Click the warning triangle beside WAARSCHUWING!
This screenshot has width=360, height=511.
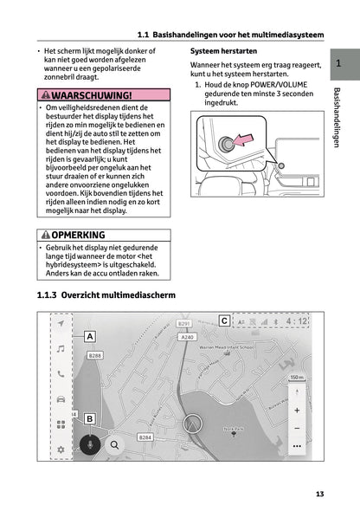pyautogui.click(x=46, y=94)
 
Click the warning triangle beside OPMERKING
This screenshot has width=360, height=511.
pyautogui.click(x=46, y=235)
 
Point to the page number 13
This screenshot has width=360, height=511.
pyautogui.click(x=319, y=494)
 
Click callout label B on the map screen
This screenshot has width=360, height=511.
pyautogui.click(x=89, y=418)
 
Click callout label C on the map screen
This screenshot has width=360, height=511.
pyautogui.click(x=224, y=321)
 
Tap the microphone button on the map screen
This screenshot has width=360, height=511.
pyautogui.click(x=89, y=445)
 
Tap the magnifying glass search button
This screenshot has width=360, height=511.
pyautogui.click(x=114, y=445)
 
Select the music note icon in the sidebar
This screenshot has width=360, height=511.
pyautogui.click(x=61, y=348)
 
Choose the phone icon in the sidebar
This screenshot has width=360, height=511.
pyautogui.click(x=61, y=374)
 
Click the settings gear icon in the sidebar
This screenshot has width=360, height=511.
pyautogui.click(x=61, y=450)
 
